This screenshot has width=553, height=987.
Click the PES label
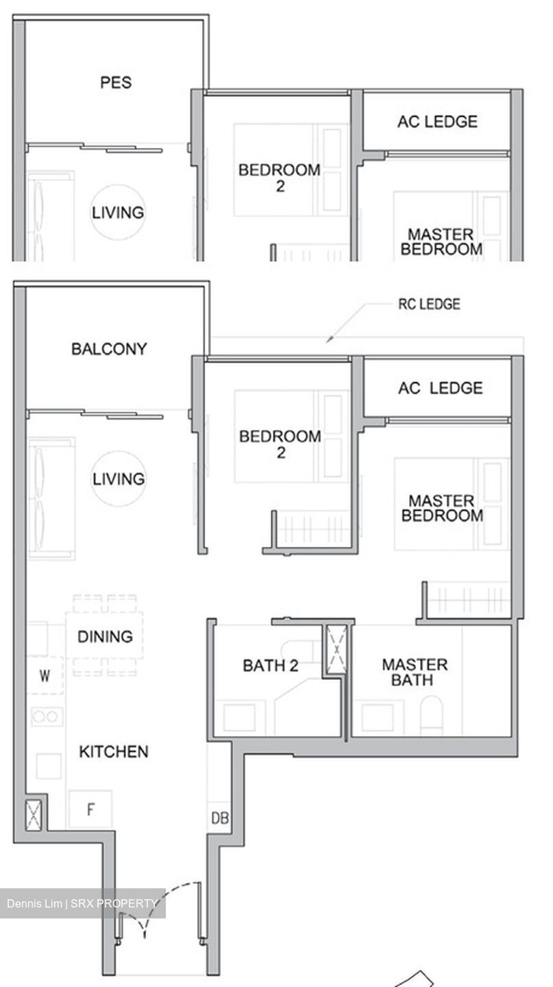116,83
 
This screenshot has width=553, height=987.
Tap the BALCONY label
109,349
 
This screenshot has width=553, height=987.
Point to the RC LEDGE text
429,304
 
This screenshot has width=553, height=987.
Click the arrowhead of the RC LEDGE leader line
328,339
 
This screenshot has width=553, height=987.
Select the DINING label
105,637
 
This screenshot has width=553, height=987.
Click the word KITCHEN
114,752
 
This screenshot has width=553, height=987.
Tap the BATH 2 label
271,665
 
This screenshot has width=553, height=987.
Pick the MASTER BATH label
415,672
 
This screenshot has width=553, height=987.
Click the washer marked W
45,677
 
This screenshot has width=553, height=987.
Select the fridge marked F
90,809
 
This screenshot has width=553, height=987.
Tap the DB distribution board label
220,818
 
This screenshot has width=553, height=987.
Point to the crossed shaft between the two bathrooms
336,650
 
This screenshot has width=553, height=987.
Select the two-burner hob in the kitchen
46,716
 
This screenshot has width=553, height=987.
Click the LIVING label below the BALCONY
119,478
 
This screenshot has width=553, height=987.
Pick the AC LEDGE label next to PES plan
437,122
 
